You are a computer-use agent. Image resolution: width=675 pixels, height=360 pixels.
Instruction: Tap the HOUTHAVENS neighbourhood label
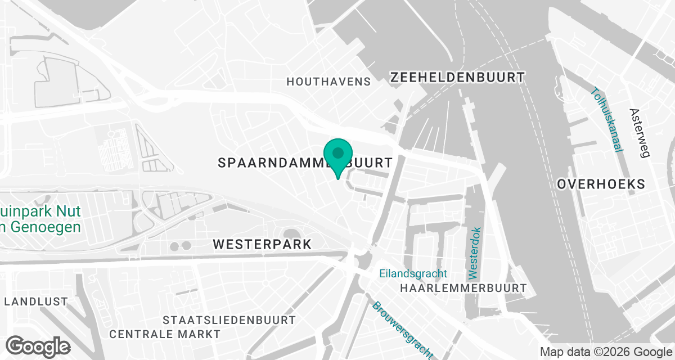click(328, 82)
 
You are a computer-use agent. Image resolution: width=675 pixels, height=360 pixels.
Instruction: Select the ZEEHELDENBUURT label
click(457, 77)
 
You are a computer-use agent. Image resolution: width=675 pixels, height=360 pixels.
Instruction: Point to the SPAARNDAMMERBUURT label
click(304, 163)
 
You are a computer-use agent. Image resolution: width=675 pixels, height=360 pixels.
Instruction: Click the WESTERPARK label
click(262, 245)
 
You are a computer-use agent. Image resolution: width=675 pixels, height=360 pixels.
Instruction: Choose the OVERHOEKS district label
click(601, 184)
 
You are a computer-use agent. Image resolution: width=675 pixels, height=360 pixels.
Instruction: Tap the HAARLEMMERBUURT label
click(463, 288)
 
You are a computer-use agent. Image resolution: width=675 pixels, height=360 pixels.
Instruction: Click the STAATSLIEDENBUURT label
click(229, 320)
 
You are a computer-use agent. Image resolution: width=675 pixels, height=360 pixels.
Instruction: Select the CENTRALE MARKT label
click(165, 334)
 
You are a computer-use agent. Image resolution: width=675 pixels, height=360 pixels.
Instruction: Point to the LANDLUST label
click(36, 301)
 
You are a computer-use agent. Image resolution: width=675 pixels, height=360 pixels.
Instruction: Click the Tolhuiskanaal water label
click(607, 119)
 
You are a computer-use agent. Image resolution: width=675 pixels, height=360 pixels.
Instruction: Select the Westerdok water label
click(474, 253)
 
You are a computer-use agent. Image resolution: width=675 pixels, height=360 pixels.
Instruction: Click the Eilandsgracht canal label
click(413, 274)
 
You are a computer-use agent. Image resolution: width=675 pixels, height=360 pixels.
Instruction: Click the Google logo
click(38, 345)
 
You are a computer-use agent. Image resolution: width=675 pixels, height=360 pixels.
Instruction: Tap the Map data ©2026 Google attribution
click(605, 352)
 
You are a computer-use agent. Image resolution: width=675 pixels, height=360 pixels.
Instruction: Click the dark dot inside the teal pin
click(338, 152)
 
